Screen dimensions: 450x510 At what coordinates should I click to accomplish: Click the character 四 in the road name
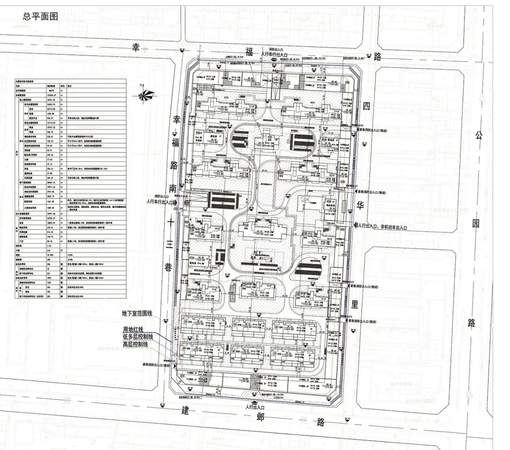tap(366, 107)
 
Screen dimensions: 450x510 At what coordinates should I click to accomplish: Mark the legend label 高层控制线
tap(136, 345)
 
